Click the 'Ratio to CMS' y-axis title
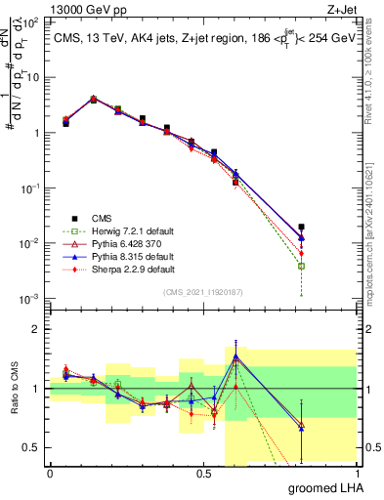(x=14, y=389)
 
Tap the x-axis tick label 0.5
(x=203, y=473)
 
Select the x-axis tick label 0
(x=50, y=473)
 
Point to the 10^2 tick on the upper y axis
(x=29, y=22)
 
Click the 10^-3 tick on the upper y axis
(x=29, y=298)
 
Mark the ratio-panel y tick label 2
(x=37, y=329)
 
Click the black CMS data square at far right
(x=301, y=227)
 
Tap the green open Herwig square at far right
(x=301, y=266)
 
